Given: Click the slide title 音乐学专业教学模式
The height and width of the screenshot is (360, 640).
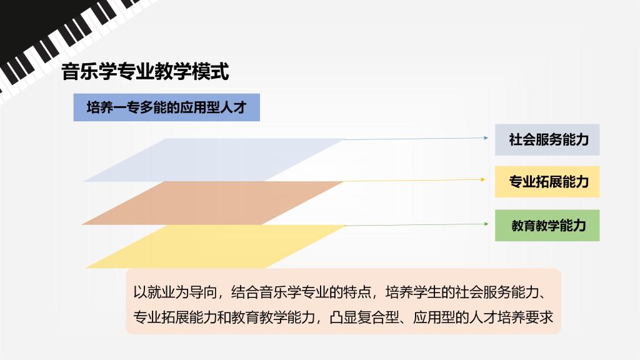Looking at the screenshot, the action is point(145,72).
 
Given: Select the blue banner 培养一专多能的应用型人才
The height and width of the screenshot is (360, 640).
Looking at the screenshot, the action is point(166,107).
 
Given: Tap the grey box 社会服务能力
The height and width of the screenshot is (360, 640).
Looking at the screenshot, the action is point(547,139).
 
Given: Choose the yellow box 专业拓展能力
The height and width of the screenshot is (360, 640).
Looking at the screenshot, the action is point(547,182).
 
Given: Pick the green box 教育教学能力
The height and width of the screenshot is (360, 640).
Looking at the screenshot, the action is point(547,225).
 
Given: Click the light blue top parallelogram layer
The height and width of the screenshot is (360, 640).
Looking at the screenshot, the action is point(214,160).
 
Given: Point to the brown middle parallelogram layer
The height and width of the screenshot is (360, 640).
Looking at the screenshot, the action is point(212,203).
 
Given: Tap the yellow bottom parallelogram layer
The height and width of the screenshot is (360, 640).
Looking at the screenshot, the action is point(216,246).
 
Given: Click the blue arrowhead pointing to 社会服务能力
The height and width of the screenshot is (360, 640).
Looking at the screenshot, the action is point(486,138).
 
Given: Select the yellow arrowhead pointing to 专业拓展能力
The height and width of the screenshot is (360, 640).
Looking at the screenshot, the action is point(483,179).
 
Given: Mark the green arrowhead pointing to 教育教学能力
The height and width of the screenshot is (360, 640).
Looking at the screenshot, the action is point(486,224).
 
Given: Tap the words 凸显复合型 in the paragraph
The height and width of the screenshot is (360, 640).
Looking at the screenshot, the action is point(364,317).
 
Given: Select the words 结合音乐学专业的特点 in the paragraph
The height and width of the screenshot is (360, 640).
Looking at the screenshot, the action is point(301,292).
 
